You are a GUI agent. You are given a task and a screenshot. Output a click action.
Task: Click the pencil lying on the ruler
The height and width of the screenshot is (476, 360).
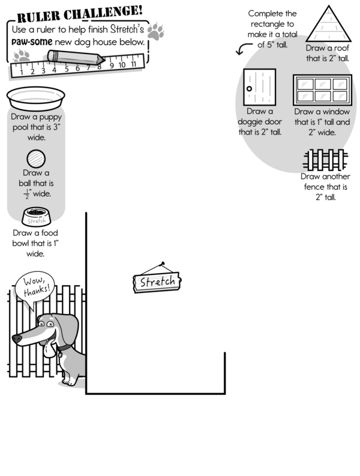(x=74, y=58)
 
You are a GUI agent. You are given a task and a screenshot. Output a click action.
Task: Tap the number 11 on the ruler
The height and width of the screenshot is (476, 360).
(x=133, y=64)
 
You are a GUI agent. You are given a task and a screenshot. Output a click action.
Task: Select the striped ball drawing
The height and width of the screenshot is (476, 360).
(x=36, y=160)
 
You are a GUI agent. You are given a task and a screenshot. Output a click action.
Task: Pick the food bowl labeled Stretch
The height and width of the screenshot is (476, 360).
(x=37, y=216)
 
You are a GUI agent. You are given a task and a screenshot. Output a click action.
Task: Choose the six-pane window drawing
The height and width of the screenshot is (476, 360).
(x=322, y=90)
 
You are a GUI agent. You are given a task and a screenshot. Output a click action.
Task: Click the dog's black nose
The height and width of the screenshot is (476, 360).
(x=17, y=339)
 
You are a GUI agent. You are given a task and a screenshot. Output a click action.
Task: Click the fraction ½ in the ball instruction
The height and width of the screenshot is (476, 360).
(x=26, y=194)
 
